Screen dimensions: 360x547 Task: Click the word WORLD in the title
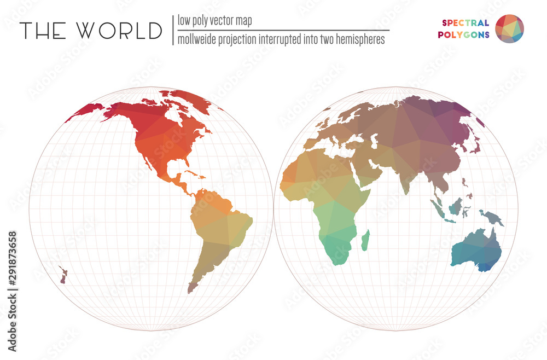120,31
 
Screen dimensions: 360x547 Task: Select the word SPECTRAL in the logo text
465,23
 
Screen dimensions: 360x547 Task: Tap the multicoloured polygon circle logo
509,28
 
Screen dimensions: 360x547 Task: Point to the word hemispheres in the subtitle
358,39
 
